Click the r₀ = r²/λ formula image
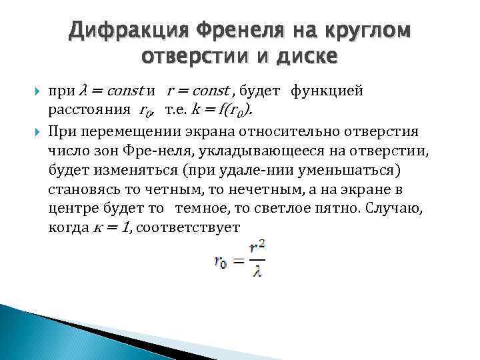239,256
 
